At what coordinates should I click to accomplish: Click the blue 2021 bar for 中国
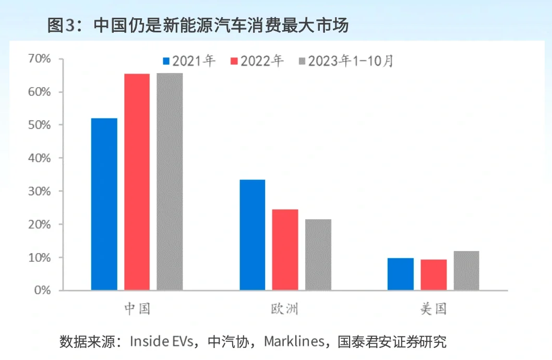104,204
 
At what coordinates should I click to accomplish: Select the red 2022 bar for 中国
137,182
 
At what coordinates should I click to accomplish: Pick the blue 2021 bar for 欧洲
252,235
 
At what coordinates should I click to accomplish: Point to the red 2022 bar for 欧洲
285,249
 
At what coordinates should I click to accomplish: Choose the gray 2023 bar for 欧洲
318,255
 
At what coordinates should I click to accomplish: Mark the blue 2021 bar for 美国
400,274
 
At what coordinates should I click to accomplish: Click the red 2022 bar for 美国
434,274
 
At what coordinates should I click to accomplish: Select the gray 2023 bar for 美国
466,270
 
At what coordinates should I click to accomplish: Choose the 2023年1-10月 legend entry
346,61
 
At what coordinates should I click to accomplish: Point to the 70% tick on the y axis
40,58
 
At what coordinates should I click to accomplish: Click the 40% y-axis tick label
40,158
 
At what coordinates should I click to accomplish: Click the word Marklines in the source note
294,342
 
